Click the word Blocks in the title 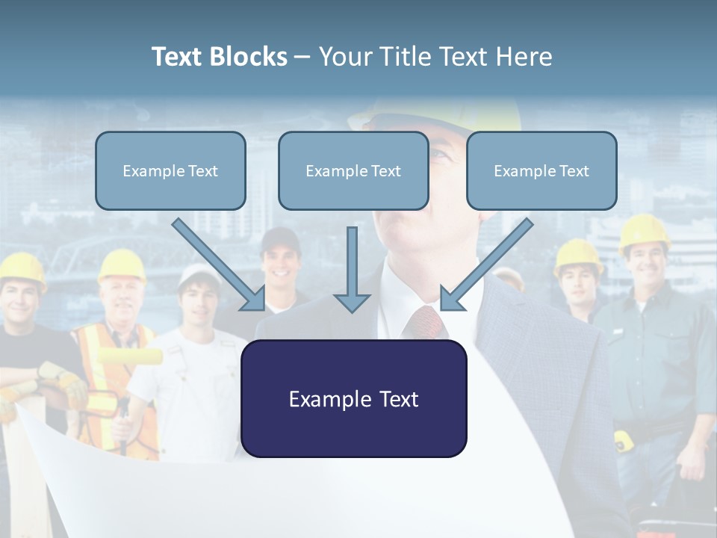point(251,57)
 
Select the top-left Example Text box point(170,171)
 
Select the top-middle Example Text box point(353,171)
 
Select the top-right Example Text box point(541,171)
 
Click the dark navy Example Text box point(353,399)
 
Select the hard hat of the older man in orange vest point(122,265)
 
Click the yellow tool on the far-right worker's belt point(624,440)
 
